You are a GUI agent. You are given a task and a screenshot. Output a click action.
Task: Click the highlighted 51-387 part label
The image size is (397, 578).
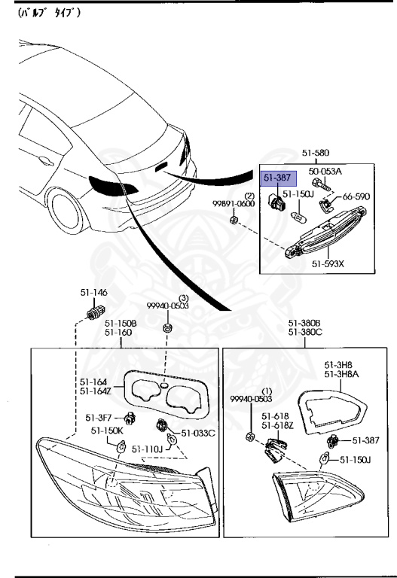[277, 178]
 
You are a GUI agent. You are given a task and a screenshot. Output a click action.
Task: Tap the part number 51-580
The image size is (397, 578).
[316, 153]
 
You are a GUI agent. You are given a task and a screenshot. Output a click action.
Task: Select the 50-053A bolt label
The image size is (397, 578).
[325, 171]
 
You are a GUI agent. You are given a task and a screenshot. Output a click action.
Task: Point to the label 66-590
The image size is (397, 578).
[356, 196]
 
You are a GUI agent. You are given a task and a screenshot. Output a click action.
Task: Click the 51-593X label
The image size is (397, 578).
[328, 264]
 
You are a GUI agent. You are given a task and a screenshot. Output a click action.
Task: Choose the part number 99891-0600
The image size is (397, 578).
[234, 204]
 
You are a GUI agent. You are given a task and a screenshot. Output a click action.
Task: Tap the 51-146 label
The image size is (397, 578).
[93, 292]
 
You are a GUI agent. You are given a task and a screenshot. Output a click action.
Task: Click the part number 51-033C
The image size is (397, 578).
[198, 433]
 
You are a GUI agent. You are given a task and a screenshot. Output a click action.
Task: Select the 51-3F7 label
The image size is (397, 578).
[99, 418]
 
